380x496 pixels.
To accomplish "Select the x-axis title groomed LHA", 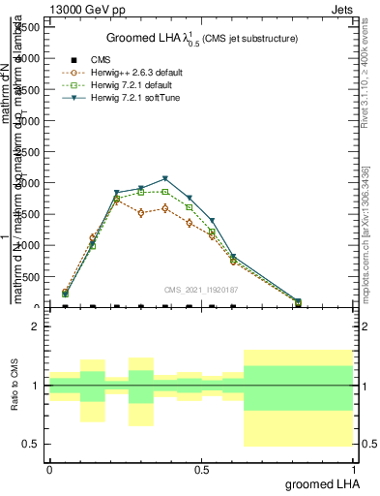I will tap(320, 483).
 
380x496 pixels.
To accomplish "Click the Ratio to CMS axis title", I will tap(16, 386).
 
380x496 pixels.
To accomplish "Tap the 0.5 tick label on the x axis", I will tap(201, 469).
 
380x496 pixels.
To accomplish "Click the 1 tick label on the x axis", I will tap(353, 469).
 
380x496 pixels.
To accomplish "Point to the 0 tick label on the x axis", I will tap(49, 469).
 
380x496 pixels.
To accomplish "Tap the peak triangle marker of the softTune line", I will tap(165, 178).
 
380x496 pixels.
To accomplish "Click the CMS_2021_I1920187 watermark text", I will tap(200, 289).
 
